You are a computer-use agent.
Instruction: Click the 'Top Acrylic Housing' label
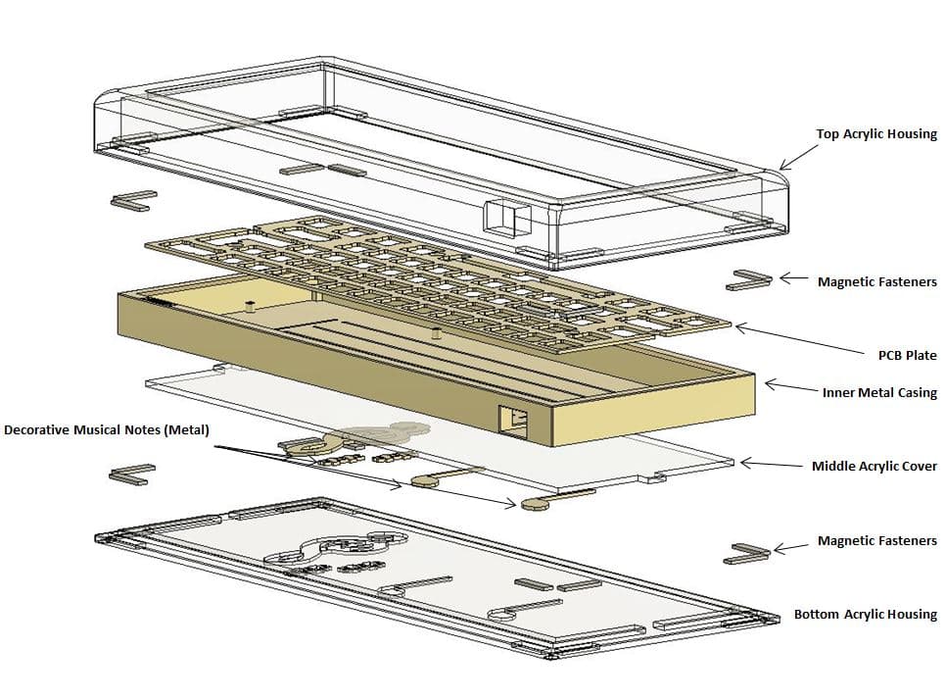point(876,134)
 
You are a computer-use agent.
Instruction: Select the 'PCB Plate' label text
point(907,355)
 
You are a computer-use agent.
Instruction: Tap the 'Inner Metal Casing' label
point(878,392)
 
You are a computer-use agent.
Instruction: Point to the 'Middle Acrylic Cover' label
point(874,466)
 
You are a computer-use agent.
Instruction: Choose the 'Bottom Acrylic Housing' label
point(865,615)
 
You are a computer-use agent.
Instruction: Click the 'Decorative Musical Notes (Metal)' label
point(107,429)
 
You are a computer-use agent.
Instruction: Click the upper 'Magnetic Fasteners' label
point(876,281)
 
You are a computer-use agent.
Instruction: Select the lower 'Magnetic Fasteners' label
point(876,540)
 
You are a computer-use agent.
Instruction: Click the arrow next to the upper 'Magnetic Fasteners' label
point(791,279)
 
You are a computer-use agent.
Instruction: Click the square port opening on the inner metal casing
point(513,422)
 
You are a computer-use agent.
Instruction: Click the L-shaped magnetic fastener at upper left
point(133,200)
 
